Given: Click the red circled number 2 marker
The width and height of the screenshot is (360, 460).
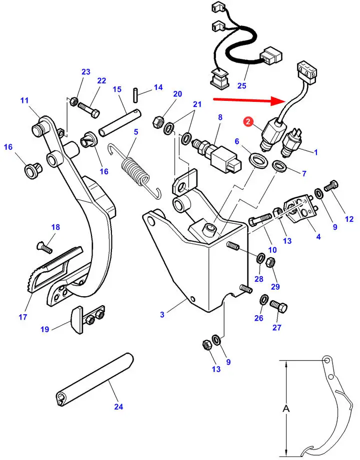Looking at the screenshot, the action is (248, 121).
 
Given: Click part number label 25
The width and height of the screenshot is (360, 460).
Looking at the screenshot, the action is (241, 86).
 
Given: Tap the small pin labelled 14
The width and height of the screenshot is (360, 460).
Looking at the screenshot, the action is (135, 95).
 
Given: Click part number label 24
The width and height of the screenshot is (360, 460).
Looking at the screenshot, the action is (118, 407).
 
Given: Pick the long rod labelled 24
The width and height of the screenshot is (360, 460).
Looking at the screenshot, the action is (94, 380).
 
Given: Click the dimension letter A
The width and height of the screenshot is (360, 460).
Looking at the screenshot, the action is (285, 408).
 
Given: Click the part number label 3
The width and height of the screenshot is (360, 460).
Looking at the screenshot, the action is (162, 315).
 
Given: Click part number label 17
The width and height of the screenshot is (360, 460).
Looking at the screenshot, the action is (23, 317).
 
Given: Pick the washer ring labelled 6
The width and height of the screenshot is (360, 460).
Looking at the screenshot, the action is (258, 160).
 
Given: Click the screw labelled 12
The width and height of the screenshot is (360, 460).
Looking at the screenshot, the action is (331, 185).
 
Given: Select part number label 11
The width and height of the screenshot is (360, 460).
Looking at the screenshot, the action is (24, 100).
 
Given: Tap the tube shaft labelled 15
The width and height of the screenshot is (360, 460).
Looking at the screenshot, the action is (120, 123).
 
